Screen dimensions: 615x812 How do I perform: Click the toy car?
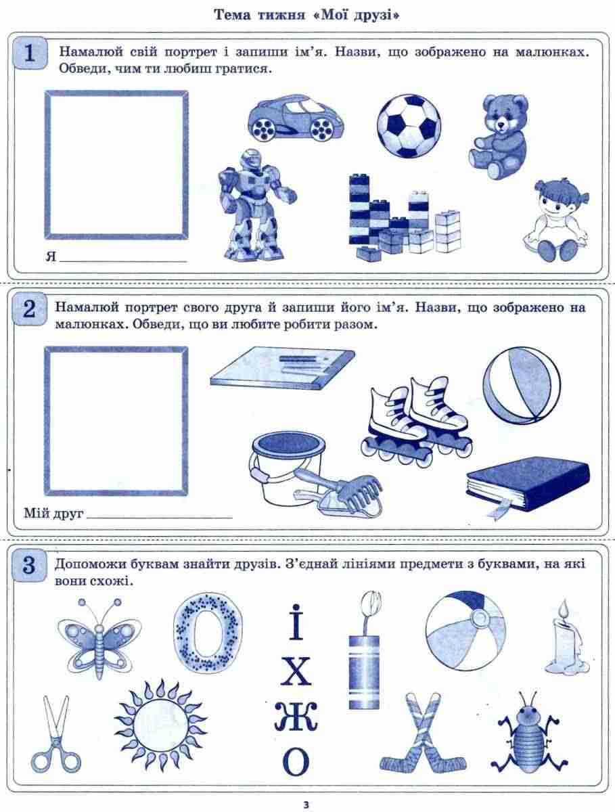click(x=295, y=118)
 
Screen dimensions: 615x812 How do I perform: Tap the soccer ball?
click(x=409, y=125)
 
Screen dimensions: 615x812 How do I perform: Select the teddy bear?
click(x=499, y=136)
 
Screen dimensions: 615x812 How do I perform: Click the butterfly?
click(x=99, y=639)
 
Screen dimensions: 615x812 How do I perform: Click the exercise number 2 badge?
click(x=30, y=309)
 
